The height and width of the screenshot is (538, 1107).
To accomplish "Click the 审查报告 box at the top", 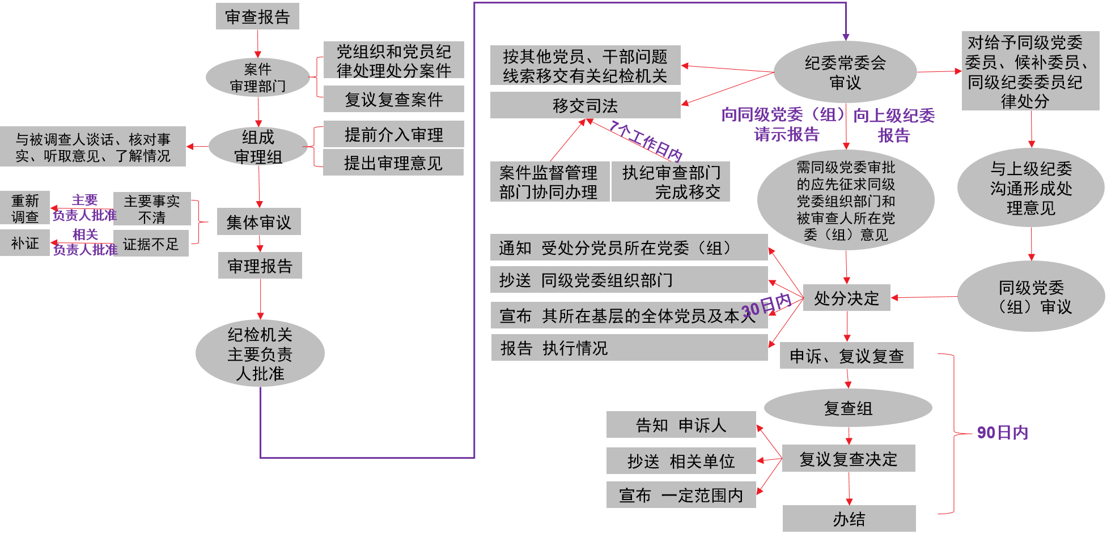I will point(257,16).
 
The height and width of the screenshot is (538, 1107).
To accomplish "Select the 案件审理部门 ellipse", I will point(258,78).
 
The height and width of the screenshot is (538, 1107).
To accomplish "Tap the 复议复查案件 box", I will point(393,99).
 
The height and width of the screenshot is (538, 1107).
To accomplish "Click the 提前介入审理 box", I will point(393,134).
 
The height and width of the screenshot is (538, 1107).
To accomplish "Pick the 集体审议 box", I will point(258,222).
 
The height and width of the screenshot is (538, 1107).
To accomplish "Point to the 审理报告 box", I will point(260,266).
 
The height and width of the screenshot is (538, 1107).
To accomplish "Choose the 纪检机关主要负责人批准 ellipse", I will point(260,354).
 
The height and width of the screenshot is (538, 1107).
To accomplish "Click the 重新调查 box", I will point(25,208).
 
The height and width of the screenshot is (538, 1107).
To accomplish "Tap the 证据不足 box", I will point(151,244).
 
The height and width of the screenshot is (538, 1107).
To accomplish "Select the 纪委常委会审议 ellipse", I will point(845,72).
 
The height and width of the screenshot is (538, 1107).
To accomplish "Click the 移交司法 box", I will point(585,105).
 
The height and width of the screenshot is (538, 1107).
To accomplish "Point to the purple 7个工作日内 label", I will point(646,140).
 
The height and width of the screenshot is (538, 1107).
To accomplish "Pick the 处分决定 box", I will point(846,298).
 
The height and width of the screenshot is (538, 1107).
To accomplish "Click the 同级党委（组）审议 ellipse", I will point(1031,297).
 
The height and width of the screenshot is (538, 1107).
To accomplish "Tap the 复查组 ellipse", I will point(848,408).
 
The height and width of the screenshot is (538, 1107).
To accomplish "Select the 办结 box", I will point(849,519).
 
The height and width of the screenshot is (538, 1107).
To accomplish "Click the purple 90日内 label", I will point(1002,433).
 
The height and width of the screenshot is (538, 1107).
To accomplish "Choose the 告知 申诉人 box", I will point(681,425).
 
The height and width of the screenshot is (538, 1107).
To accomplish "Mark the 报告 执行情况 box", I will point(629,348).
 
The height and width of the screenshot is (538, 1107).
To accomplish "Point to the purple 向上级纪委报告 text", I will point(894,125).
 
